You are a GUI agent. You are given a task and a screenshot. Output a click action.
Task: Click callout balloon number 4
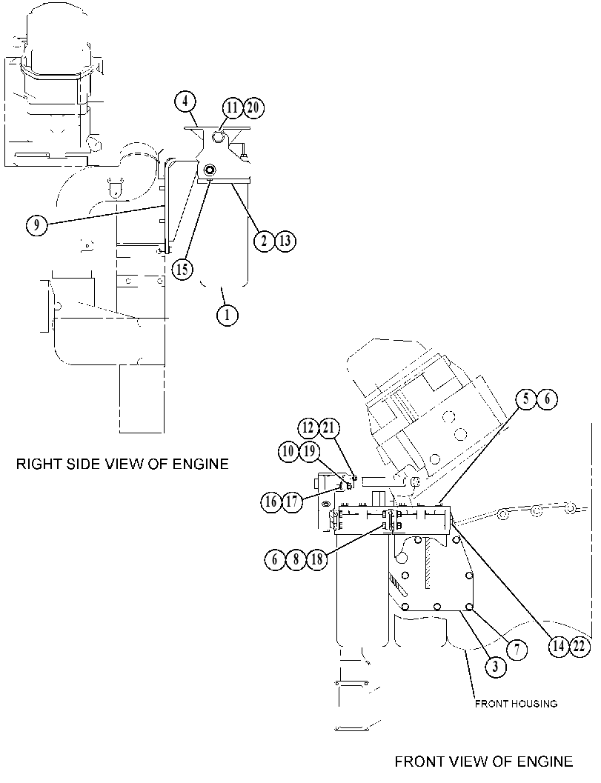coord(185,102)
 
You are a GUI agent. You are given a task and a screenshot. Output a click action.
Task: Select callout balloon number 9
coord(36,225)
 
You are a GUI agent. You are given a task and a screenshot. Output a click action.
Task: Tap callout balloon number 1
coord(228,315)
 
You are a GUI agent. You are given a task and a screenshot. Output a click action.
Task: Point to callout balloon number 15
coord(182,269)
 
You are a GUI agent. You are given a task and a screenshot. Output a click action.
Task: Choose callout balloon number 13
coord(285,241)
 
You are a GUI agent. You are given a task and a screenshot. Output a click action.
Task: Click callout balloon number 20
coord(253,108)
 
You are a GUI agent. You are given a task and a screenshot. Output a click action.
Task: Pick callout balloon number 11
coord(232,108)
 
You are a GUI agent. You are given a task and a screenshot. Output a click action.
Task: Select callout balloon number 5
coord(526,399)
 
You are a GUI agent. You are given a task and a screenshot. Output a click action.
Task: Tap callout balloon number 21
coord(329,428)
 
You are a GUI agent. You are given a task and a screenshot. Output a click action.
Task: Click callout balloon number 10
coord(288,451)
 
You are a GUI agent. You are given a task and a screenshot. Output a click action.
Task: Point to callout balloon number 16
coord(271,502)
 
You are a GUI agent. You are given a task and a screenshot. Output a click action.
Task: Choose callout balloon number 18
coord(317,559)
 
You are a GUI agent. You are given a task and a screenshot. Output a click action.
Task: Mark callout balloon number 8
coord(296,559)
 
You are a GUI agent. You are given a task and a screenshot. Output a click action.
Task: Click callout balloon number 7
coord(517,650)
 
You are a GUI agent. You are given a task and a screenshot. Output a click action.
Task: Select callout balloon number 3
coord(495,667)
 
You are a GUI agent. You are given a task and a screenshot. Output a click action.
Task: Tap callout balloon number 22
coord(579,646)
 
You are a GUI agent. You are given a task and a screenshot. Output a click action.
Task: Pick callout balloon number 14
coord(558,646)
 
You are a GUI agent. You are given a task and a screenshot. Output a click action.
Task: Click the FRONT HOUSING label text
coord(516,704)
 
